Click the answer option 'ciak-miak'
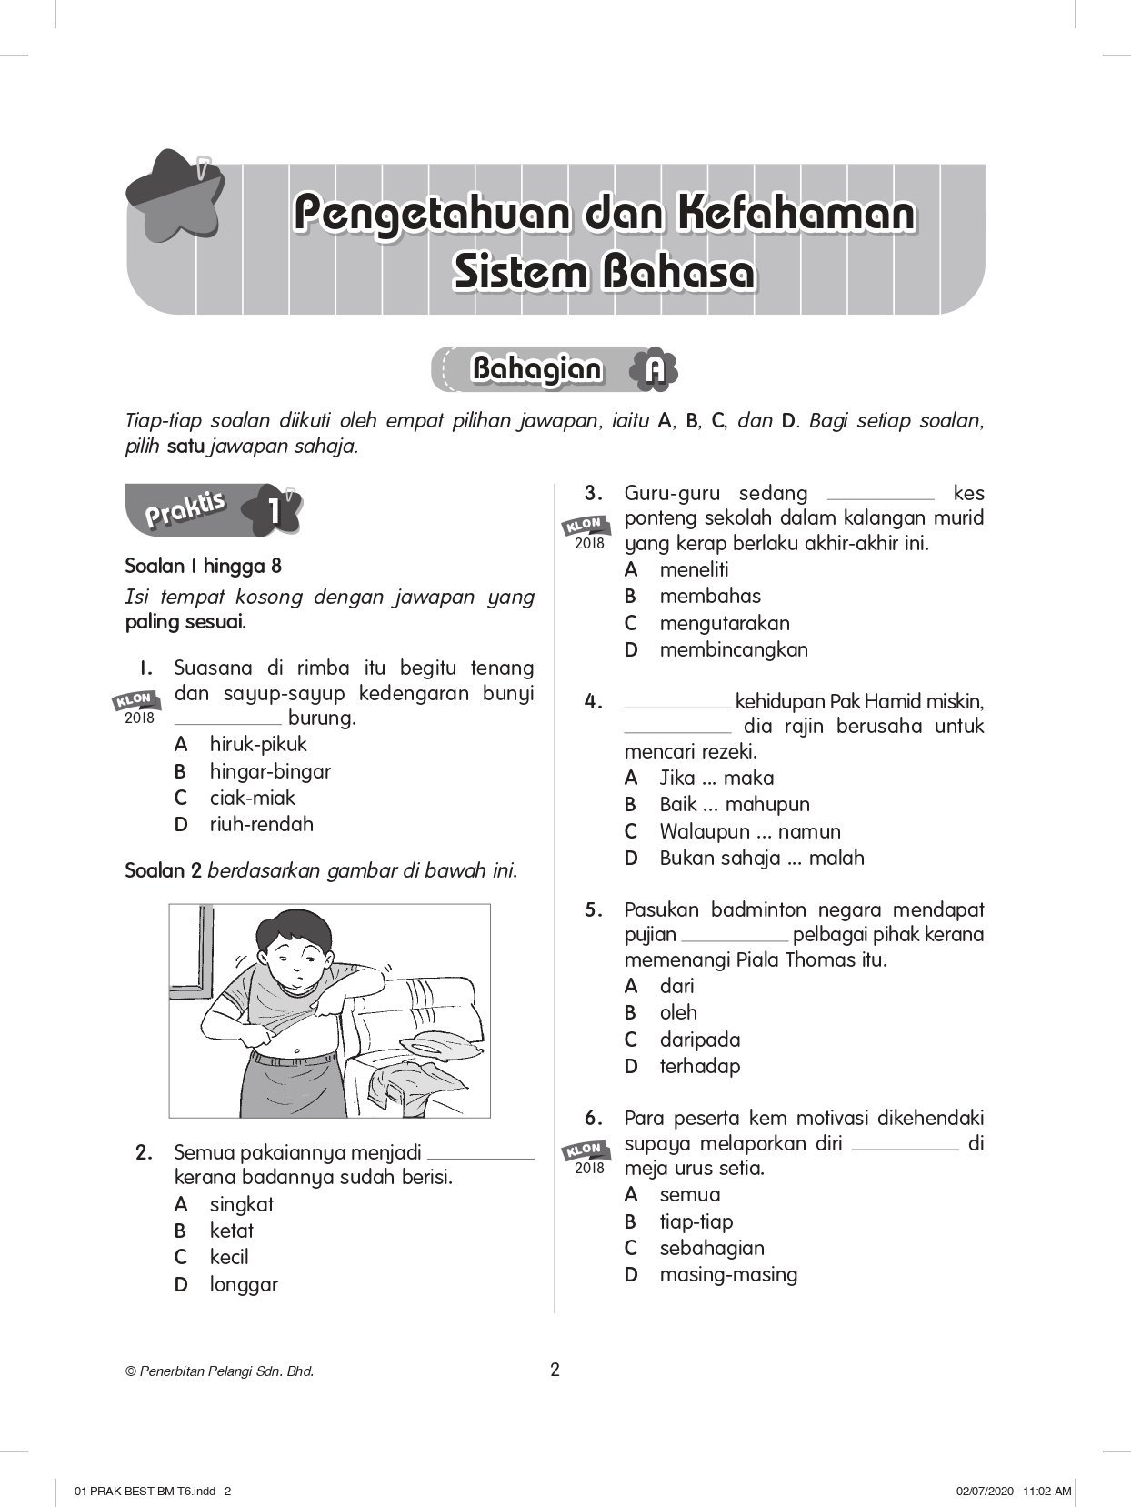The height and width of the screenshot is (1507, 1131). coord(252,798)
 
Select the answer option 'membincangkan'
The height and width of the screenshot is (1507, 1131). coord(733,649)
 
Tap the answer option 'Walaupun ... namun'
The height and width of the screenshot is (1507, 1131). coord(749,831)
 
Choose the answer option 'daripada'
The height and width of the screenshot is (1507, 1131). coord(699,1040)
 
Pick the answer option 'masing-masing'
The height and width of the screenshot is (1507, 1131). coord(727,1274)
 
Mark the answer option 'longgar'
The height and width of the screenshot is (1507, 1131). coord(244,1284)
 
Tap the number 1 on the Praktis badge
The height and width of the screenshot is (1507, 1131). coord(274,511)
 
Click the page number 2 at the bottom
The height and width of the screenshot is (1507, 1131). coord(555,1370)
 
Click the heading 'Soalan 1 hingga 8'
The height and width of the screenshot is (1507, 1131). coord(203,566)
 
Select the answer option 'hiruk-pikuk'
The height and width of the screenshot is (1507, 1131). coord(258,744)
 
